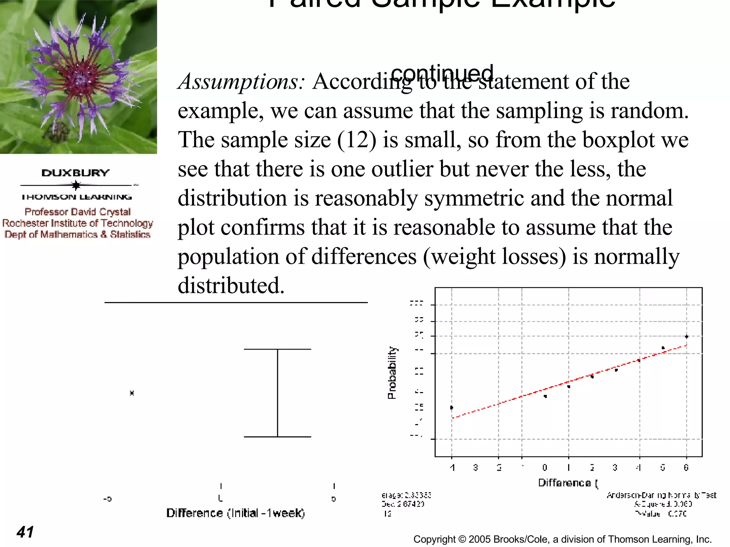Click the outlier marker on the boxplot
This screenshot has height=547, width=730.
(x=132, y=393)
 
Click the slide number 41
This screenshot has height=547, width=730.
(x=25, y=532)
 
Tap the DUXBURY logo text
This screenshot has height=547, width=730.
(x=76, y=173)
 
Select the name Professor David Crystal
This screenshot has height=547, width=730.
(x=78, y=212)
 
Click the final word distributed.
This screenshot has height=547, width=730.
(x=231, y=286)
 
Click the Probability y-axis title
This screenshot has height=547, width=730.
(x=392, y=373)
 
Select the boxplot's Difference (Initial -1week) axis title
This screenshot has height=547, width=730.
(x=236, y=513)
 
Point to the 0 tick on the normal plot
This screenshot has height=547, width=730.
(x=545, y=467)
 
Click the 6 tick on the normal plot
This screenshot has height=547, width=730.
(x=686, y=467)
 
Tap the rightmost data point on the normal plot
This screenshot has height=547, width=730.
(x=687, y=337)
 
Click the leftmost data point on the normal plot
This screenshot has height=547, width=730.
(x=452, y=407)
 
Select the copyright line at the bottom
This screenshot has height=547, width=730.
(x=562, y=540)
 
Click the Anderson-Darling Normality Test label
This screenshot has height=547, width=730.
(x=661, y=495)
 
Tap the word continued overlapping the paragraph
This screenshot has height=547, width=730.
(x=442, y=73)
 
